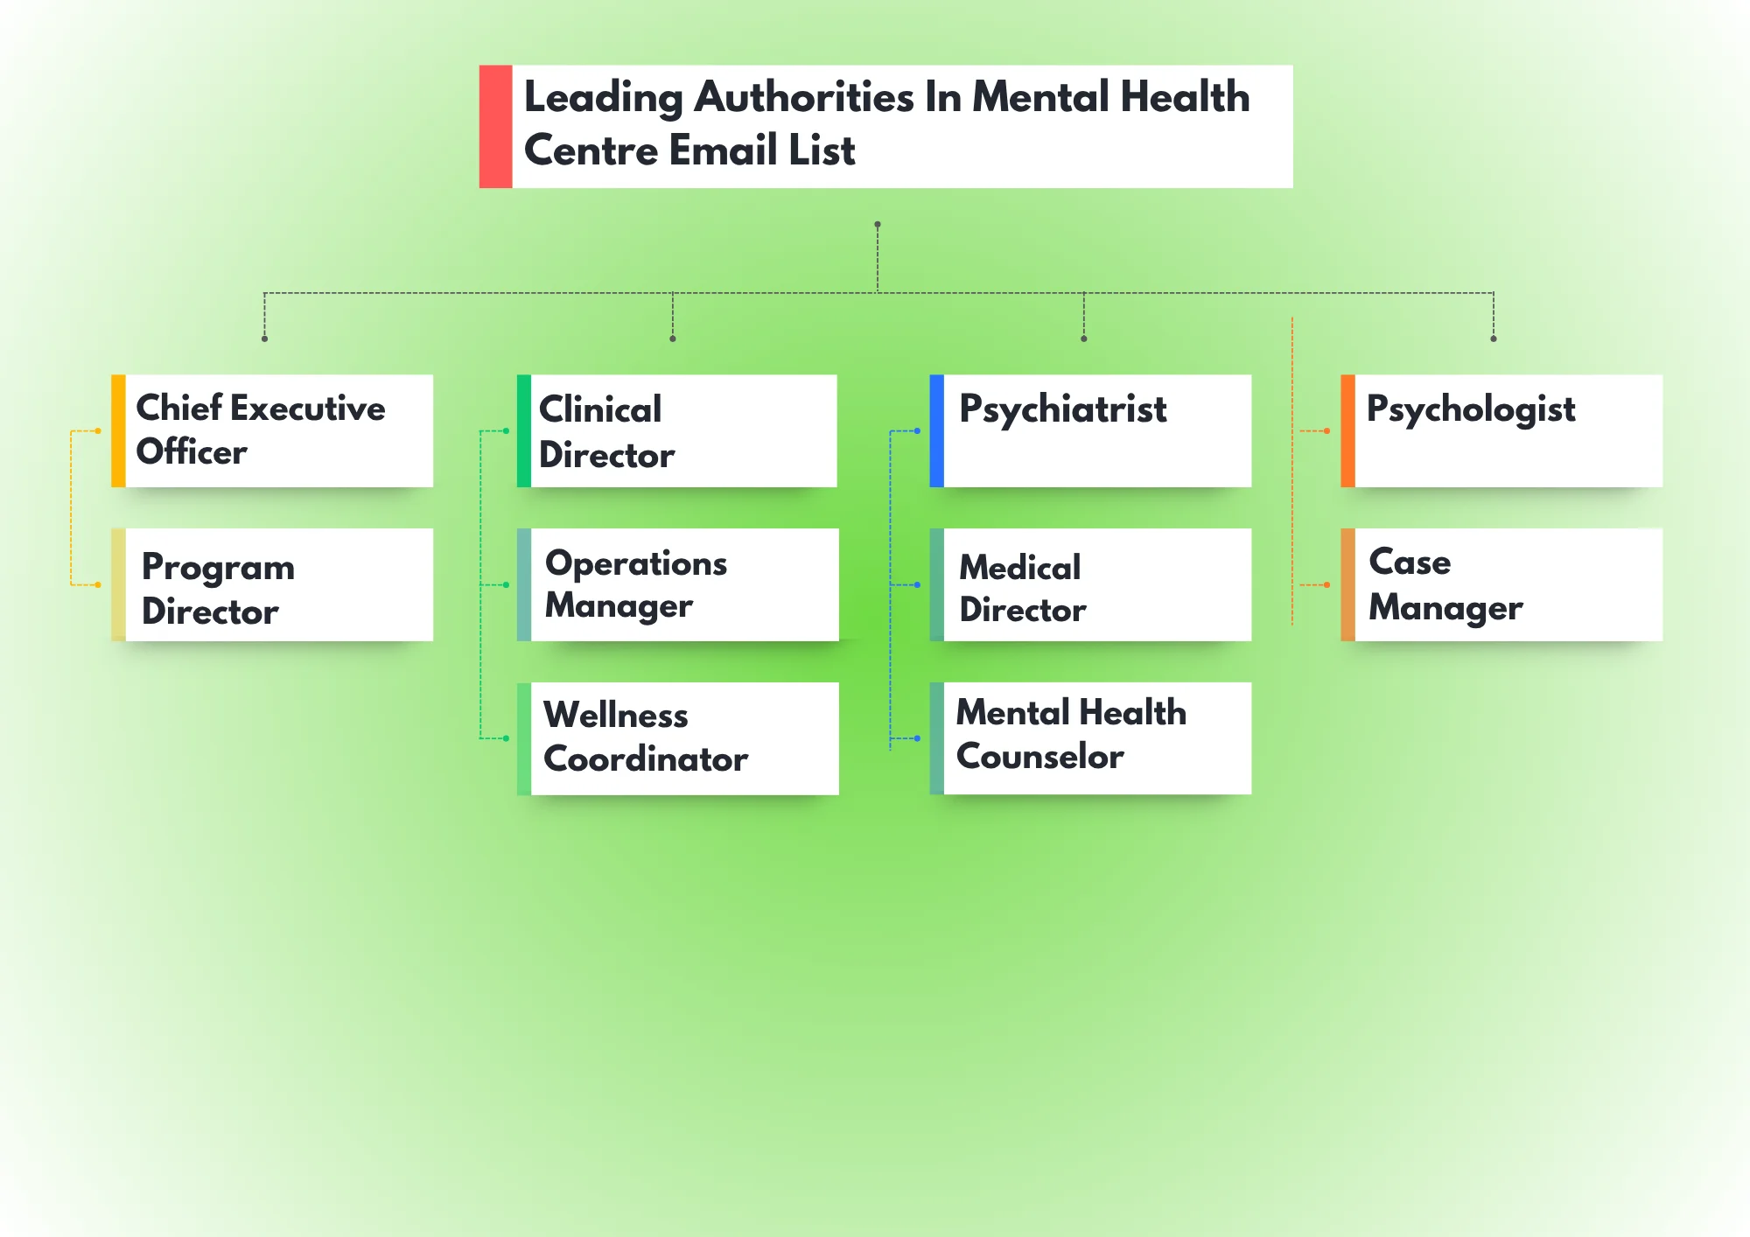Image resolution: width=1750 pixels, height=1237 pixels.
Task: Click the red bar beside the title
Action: point(495,126)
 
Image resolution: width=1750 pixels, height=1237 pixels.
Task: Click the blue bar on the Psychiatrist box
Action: point(936,430)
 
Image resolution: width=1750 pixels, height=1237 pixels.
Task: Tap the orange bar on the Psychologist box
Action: point(1347,430)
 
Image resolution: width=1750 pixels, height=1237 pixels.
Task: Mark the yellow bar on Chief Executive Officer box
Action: point(118,430)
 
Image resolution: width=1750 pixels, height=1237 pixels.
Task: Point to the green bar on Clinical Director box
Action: point(524,430)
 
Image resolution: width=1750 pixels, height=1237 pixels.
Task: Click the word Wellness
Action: point(615,716)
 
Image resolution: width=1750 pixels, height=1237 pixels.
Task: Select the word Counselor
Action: point(1039,757)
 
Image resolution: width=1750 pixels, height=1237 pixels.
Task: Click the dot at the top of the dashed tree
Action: point(878,225)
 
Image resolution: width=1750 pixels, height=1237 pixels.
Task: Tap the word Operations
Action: point(636,564)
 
